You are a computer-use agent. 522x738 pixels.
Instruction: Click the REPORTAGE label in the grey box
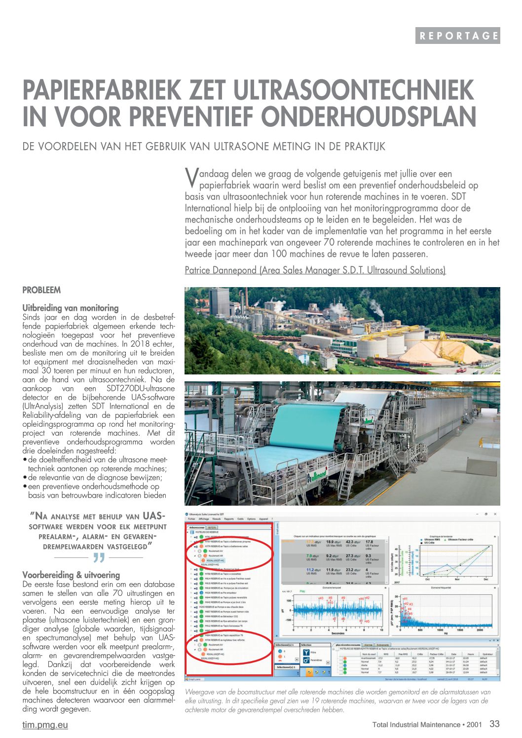(458, 36)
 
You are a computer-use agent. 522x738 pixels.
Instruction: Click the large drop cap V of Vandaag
(191, 178)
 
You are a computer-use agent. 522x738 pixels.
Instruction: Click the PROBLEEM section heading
(41, 290)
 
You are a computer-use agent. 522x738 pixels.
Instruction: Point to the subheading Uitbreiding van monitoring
(71, 308)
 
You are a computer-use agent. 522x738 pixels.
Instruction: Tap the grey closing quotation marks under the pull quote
(99, 558)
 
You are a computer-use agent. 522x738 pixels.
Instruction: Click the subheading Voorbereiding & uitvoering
(71, 575)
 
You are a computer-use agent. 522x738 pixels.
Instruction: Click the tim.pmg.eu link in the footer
(45, 725)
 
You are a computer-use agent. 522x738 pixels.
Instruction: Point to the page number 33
(494, 724)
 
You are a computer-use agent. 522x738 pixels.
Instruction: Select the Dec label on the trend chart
(485, 579)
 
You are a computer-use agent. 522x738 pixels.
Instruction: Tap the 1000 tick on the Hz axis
(440, 630)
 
